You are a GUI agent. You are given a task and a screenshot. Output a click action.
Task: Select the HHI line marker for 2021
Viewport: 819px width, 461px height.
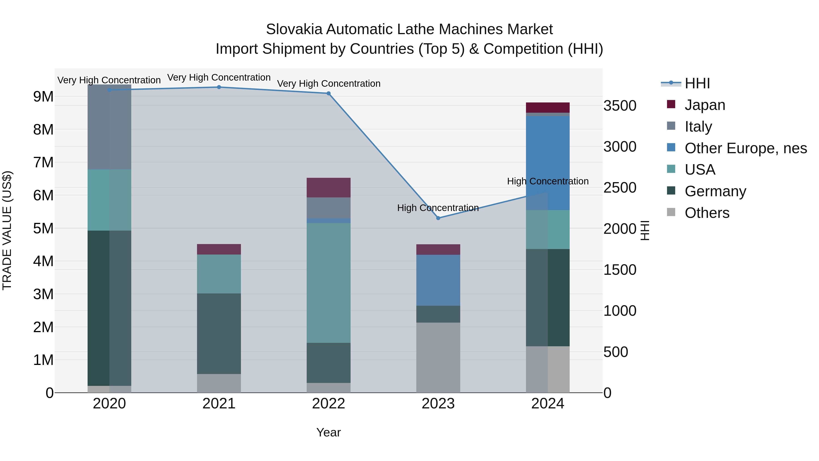pos(219,87)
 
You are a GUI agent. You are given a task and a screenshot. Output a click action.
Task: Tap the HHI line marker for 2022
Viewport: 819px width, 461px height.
pos(329,94)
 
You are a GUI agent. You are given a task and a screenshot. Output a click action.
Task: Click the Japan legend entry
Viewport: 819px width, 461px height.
pos(705,105)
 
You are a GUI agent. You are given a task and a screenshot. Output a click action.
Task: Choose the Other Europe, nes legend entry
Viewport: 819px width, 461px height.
pos(746,148)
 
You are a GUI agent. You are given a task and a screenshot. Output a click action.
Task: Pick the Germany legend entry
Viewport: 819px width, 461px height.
pos(715,191)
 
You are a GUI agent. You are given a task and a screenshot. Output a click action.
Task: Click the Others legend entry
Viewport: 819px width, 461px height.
pos(707,213)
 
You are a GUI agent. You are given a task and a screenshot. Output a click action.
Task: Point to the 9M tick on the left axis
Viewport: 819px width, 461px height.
pos(43,96)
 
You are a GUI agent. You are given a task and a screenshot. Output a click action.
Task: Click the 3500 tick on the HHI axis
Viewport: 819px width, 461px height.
pos(620,106)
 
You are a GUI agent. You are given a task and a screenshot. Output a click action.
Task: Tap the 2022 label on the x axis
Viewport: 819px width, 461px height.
pos(329,404)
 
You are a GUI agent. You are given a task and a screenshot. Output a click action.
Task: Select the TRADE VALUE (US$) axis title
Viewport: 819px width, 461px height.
pos(7,230)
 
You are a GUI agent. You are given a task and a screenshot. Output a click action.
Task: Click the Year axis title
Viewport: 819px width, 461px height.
pos(329,432)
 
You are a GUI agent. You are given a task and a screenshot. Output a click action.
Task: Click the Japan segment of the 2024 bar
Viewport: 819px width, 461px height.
pos(548,107)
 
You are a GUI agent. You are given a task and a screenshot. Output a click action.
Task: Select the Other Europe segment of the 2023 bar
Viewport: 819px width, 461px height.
pos(438,280)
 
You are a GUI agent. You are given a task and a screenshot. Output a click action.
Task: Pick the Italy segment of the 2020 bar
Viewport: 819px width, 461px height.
pos(109,127)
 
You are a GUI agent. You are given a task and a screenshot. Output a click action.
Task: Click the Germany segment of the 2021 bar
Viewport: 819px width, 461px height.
pos(219,334)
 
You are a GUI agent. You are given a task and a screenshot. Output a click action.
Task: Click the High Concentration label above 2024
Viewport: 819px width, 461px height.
pos(548,181)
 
